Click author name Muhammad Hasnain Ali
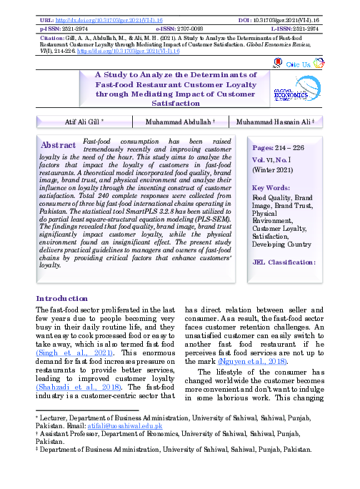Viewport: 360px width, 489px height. click(280, 123)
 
